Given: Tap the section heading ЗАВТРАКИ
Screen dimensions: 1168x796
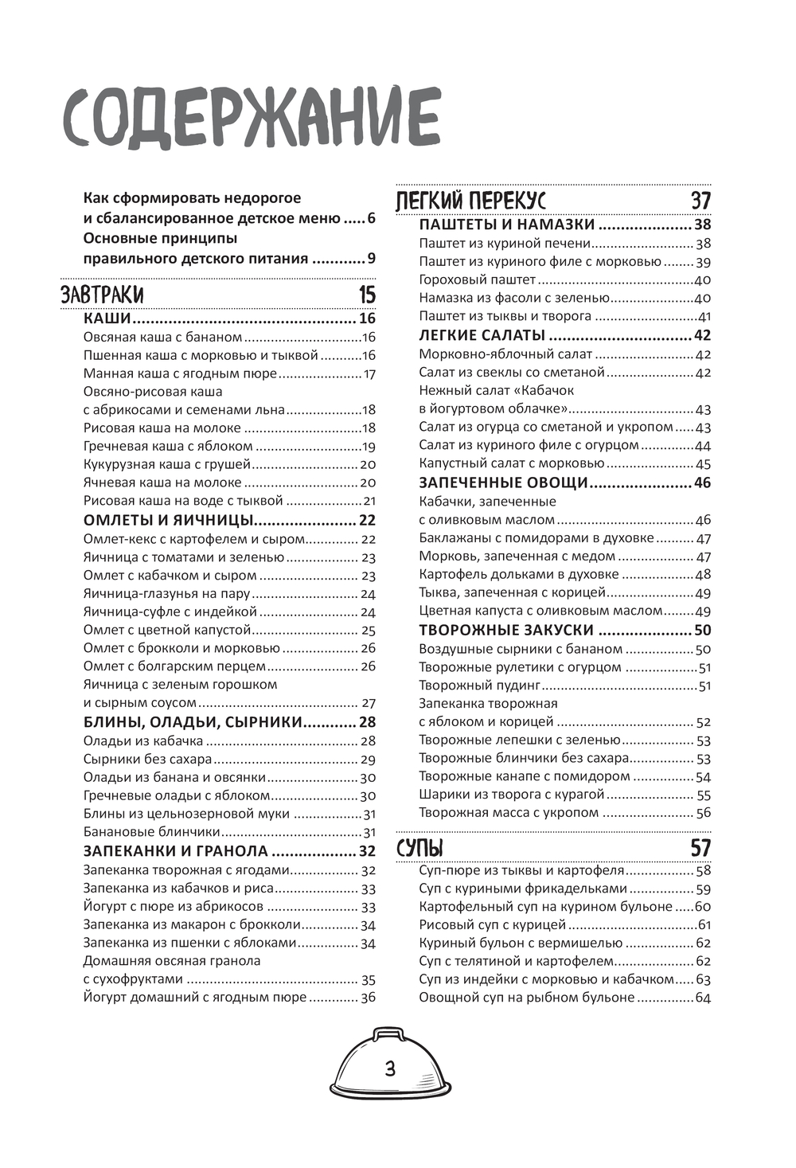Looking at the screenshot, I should pos(103,295).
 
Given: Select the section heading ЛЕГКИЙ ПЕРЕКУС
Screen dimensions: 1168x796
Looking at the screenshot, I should pos(470,201).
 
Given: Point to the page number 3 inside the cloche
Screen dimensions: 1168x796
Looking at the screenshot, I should pos(390,1068).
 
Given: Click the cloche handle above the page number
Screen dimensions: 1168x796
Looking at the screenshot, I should pos(389,1033).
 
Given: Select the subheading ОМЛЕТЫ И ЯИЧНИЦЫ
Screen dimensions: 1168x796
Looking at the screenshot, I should pos(168,521).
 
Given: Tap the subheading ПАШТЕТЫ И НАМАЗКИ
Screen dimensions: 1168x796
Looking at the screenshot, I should pos(507,225).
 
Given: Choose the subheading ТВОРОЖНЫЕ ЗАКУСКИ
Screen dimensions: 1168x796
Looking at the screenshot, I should pos(506,631).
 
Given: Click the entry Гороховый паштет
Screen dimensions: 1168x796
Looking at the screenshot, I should pos(478,280).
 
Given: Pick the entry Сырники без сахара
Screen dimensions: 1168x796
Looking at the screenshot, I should pos(148,760).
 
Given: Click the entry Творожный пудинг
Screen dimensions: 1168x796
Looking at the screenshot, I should pos(480,686).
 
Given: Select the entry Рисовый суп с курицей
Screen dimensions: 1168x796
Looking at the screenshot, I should pos(493,925).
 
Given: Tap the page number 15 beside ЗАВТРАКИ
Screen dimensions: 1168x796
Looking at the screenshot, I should pos(367,295).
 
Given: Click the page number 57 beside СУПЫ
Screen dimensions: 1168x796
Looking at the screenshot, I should pos(700,849).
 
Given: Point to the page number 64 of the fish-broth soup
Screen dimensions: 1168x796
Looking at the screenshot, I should pos(702,998).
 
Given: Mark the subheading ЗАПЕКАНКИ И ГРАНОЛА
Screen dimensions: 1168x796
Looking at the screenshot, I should pos(176,851).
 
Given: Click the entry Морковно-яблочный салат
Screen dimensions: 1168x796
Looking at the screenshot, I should pos(506,354).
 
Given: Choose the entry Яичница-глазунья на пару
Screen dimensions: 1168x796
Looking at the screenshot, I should pos(167,594).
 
